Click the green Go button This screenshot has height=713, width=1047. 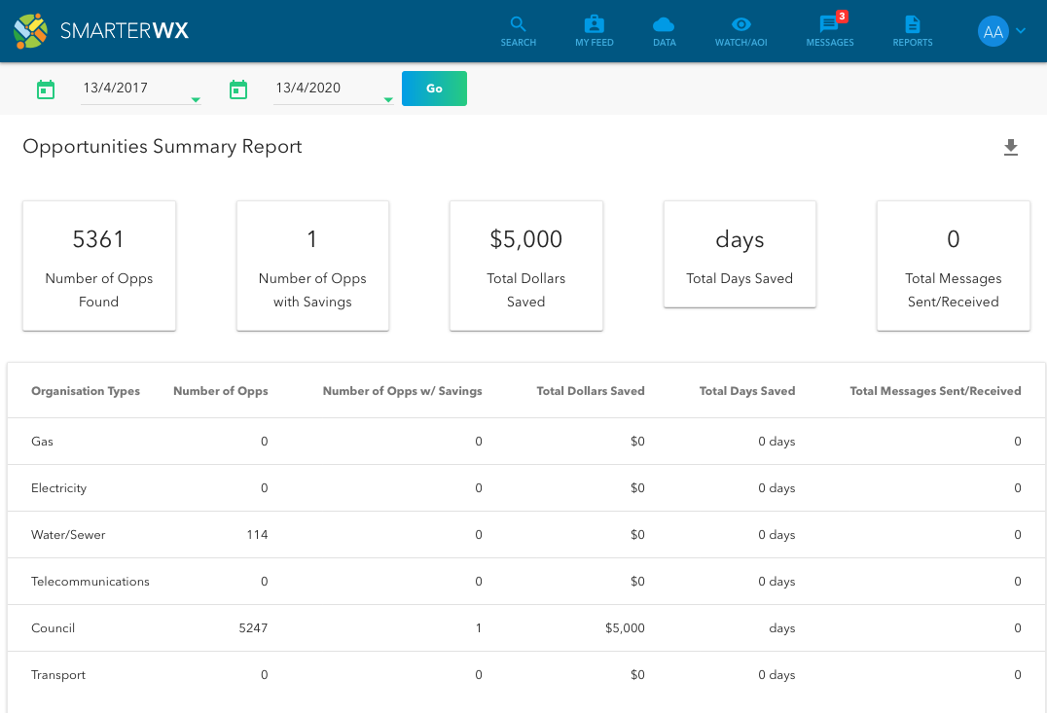(x=434, y=89)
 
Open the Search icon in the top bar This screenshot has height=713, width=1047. (x=518, y=24)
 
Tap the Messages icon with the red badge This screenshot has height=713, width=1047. (x=829, y=24)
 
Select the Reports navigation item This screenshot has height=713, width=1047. (x=913, y=24)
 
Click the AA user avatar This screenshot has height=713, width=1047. (x=993, y=31)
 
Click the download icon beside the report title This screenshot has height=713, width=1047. (x=1011, y=148)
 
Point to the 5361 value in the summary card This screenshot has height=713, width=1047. (x=98, y=239)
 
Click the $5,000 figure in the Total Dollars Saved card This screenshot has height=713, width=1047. (x=525, y=239)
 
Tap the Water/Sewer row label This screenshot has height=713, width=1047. (x=68, y=535)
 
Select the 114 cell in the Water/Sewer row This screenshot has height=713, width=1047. (x=257, y=535)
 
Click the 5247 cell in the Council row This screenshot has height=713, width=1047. (x=253, y=628)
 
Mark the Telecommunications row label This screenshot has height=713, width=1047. (x=90, y=582)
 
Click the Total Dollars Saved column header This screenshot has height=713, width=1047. (x=591, y=391)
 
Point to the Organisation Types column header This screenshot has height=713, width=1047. (x=86, y=391)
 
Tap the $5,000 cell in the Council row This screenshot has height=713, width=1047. (x=624, y=628)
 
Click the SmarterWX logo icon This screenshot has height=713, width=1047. (x=30, y=31)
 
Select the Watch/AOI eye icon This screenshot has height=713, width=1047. (x=741, y=24)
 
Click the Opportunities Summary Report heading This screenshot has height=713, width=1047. (x=162, y=147)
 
